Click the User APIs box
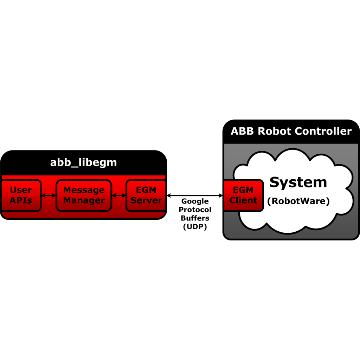pyautogui.click(x=21, y=195)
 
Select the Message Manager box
pyautogui.click(x=84, y=195)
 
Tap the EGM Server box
pyautogui.click(x=146, y=195)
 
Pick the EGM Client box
pyautogui.click(x=244, y=195)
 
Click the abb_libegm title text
pyautogui.click(x=84, y=162)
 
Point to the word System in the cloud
pyautogui.click(x=298, y=183)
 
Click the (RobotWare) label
pyautogui.click(x=298, y=201)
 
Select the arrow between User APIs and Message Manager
pyautogui.click(x=49, y=195)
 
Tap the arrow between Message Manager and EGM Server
pyautogui.click(x=119, y=195)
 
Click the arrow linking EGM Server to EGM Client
pyautogui.click(x=195, y=195)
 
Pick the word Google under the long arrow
pyautogui.click(x=195, y=201)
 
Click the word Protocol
pyautogui.click(x=195, y=210)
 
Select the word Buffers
pyautogui.click(x=195, y=218)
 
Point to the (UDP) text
pyautogui.click(x=195, y=227)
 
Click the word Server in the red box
pyautogui.click(x=146, y=200)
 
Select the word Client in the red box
pyautogui.click(x=243, y=200)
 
